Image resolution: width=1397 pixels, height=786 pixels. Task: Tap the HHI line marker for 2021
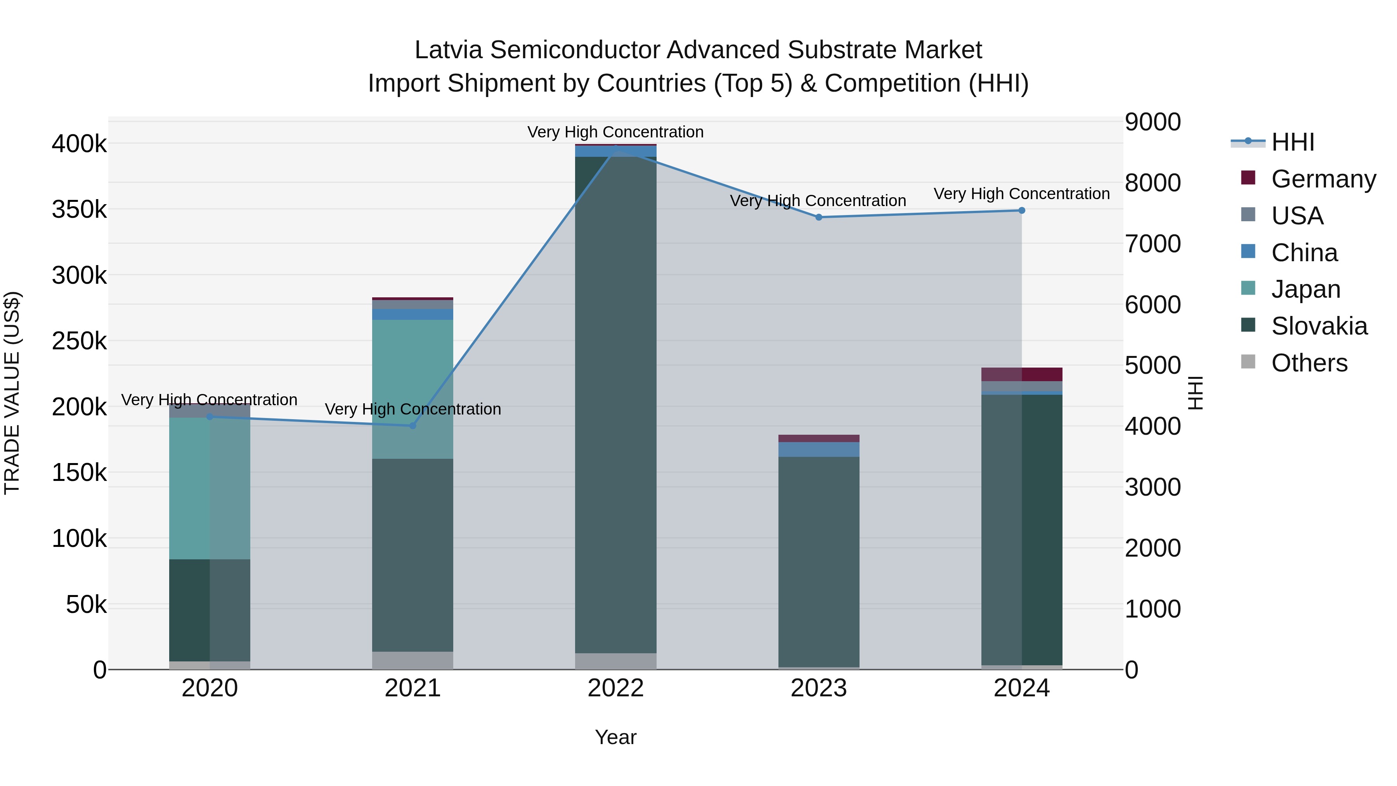(x=413, y=426)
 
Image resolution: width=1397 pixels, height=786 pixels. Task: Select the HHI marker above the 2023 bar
(x=819, y=217)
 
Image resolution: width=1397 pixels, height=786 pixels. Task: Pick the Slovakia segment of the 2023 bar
(x=819, y=561)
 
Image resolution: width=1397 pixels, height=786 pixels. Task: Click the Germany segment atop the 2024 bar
(x=1022, y=374)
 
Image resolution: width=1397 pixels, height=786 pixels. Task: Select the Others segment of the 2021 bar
(x=413, y=660)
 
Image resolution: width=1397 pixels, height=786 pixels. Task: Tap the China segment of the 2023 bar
(x=819, y=449)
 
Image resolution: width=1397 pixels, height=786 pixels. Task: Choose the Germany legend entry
(x=1323, y=179)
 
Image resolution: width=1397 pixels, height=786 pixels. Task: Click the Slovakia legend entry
(x=1319, y=326)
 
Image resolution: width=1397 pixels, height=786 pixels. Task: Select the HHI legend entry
(x=1292, y=142)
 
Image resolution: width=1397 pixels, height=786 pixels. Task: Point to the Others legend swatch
(x=1248, y=362)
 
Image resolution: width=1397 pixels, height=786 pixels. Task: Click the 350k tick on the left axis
(x=79, y=209)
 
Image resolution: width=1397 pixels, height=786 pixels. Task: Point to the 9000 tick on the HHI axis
(x=1153, y=121)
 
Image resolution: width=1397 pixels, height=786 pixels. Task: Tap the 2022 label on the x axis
(x=615, y=688)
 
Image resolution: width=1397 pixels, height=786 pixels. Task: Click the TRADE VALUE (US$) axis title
(x=12, y=393)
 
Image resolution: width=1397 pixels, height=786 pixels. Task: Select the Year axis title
(x=615, y=737)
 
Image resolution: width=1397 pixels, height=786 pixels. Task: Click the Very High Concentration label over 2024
(x=1022, y=194)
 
